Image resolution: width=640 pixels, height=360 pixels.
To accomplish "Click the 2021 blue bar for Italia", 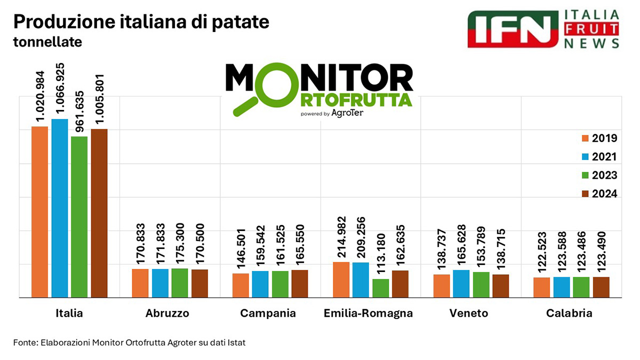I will point(60,208).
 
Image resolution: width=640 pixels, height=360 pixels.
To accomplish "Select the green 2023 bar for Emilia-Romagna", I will point(380,288).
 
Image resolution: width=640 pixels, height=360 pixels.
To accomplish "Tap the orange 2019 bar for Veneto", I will point(441,286).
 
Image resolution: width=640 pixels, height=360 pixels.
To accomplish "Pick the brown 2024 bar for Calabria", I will point(601,287).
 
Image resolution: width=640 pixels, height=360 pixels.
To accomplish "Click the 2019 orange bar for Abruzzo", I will point(140,283).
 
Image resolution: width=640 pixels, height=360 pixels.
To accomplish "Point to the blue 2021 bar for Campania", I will point(260,284).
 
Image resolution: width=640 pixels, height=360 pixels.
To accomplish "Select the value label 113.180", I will point(380,251).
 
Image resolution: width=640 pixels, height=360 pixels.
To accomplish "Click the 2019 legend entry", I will point(599,139).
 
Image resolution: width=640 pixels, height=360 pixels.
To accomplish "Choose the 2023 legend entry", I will point(599,175).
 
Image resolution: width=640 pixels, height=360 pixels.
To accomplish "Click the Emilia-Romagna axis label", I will point(368,314).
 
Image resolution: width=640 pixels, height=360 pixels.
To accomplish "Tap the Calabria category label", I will point(569,314).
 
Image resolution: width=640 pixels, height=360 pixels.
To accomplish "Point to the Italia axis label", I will point(69,314).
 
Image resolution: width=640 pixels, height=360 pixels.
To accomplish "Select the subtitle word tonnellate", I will point(47,42).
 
